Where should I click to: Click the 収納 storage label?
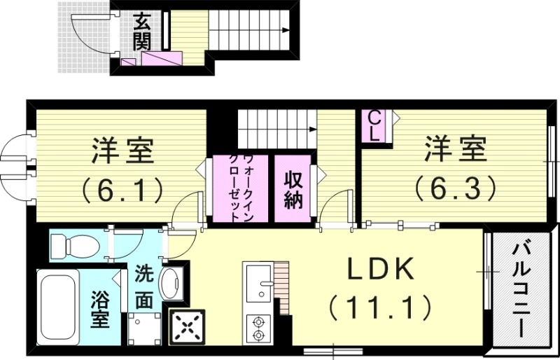point(292,190)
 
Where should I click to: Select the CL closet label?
point(374,127)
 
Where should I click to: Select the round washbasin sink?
point(171,284)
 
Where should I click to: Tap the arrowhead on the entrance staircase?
point(286,30)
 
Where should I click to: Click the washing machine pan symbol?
point(145,328)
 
